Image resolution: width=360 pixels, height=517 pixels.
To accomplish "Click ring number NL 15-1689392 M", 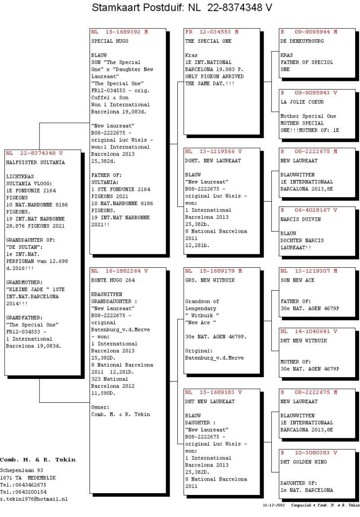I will click(119, 32).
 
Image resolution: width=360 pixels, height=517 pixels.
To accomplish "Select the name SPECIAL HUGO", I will click(110, 41).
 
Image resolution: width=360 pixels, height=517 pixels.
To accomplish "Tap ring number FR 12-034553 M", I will click(211, 32).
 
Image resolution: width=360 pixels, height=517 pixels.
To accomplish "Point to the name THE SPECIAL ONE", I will click(208, 41).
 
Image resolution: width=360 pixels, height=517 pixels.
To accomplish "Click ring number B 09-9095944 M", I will click(309, 32).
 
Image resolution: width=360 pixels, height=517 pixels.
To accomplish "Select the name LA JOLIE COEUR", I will click(302, 102).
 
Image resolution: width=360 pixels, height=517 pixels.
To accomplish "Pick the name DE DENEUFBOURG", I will click(302, 41).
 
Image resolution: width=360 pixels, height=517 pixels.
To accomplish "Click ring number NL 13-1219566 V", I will click(213, 151).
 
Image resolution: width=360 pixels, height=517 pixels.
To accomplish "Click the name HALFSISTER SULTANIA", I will click(35, 162).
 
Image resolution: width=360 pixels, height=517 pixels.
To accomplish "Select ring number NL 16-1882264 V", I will click(119, 271).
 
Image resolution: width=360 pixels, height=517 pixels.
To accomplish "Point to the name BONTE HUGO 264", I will click(113, 280).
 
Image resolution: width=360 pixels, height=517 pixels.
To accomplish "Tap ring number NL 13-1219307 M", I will click(309, 271).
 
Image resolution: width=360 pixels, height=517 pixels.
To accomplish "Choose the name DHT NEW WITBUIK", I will click(304, 341).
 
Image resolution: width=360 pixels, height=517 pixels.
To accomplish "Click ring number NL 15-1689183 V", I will click(213, 392).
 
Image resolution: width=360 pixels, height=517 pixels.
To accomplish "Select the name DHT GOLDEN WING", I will click(304, 462).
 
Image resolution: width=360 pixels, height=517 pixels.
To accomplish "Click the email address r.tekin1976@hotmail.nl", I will click(34, 499).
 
